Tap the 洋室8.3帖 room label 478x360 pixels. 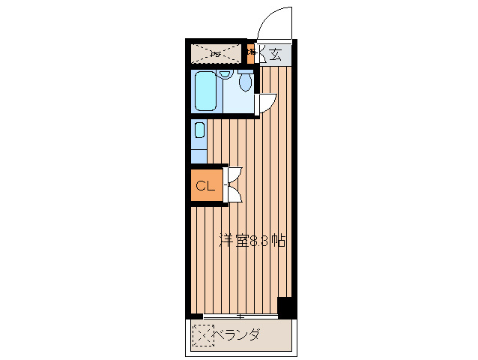252,241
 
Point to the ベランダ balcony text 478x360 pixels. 238,334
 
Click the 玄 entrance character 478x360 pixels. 275,54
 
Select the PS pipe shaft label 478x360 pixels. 215,53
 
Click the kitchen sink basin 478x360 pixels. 199,130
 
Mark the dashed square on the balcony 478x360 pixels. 202,336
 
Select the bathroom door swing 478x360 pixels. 267,103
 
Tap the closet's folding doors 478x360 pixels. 234,184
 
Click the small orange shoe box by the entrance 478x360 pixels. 252,54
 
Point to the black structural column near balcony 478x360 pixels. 285,307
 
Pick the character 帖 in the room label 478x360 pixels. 278,241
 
